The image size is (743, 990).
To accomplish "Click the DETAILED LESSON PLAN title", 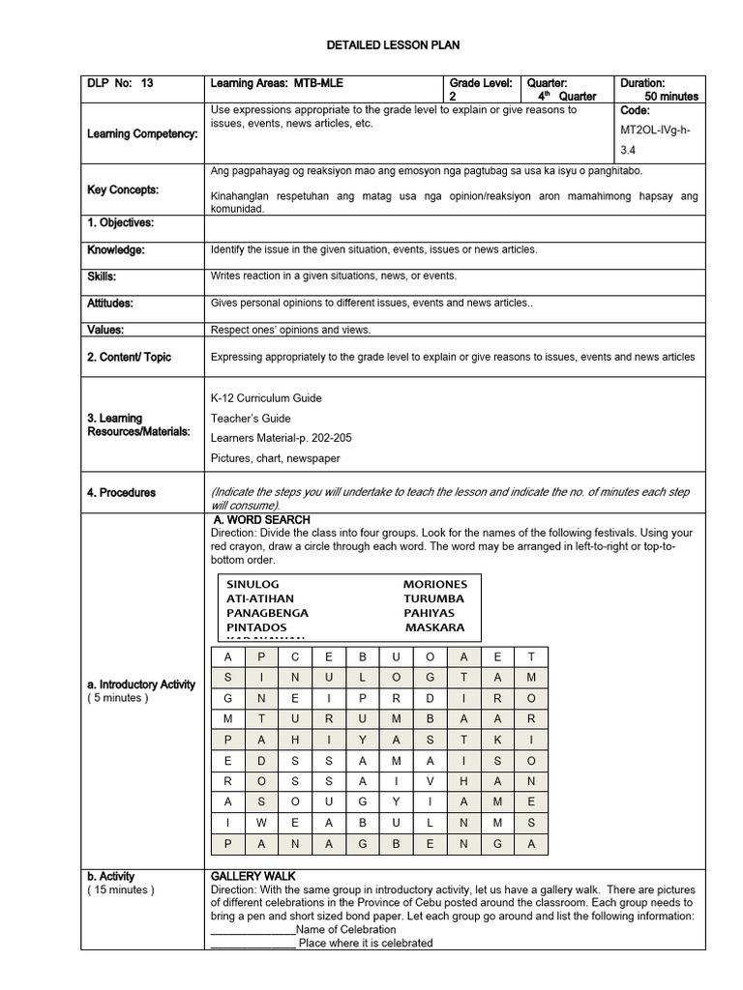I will coord(371,45).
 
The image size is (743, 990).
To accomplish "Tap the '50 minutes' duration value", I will coord(670,97).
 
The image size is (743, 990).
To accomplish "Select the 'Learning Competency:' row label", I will coord(142,133).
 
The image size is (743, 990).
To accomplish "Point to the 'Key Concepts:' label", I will coord(123,190).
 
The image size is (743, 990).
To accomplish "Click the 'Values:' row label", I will coord(105,330).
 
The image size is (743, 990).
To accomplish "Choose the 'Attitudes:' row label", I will coord(110,304).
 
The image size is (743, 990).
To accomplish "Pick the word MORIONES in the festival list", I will coord(434,585).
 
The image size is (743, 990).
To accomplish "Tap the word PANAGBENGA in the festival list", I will coord(267,613).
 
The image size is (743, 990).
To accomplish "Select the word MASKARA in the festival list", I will coord(434,627).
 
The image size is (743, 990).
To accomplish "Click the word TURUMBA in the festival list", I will coord(433,599).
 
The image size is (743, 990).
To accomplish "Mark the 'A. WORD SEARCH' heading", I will coord(261,520).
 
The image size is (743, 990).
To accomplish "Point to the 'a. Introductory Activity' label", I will coord(141,684).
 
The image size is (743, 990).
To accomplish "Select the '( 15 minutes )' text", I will coord(121,889).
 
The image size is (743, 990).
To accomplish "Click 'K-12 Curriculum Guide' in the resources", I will coord(266,398).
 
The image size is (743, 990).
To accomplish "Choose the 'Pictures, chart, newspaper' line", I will coord(275,458).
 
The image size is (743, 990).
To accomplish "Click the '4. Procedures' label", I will coord(121,493).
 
